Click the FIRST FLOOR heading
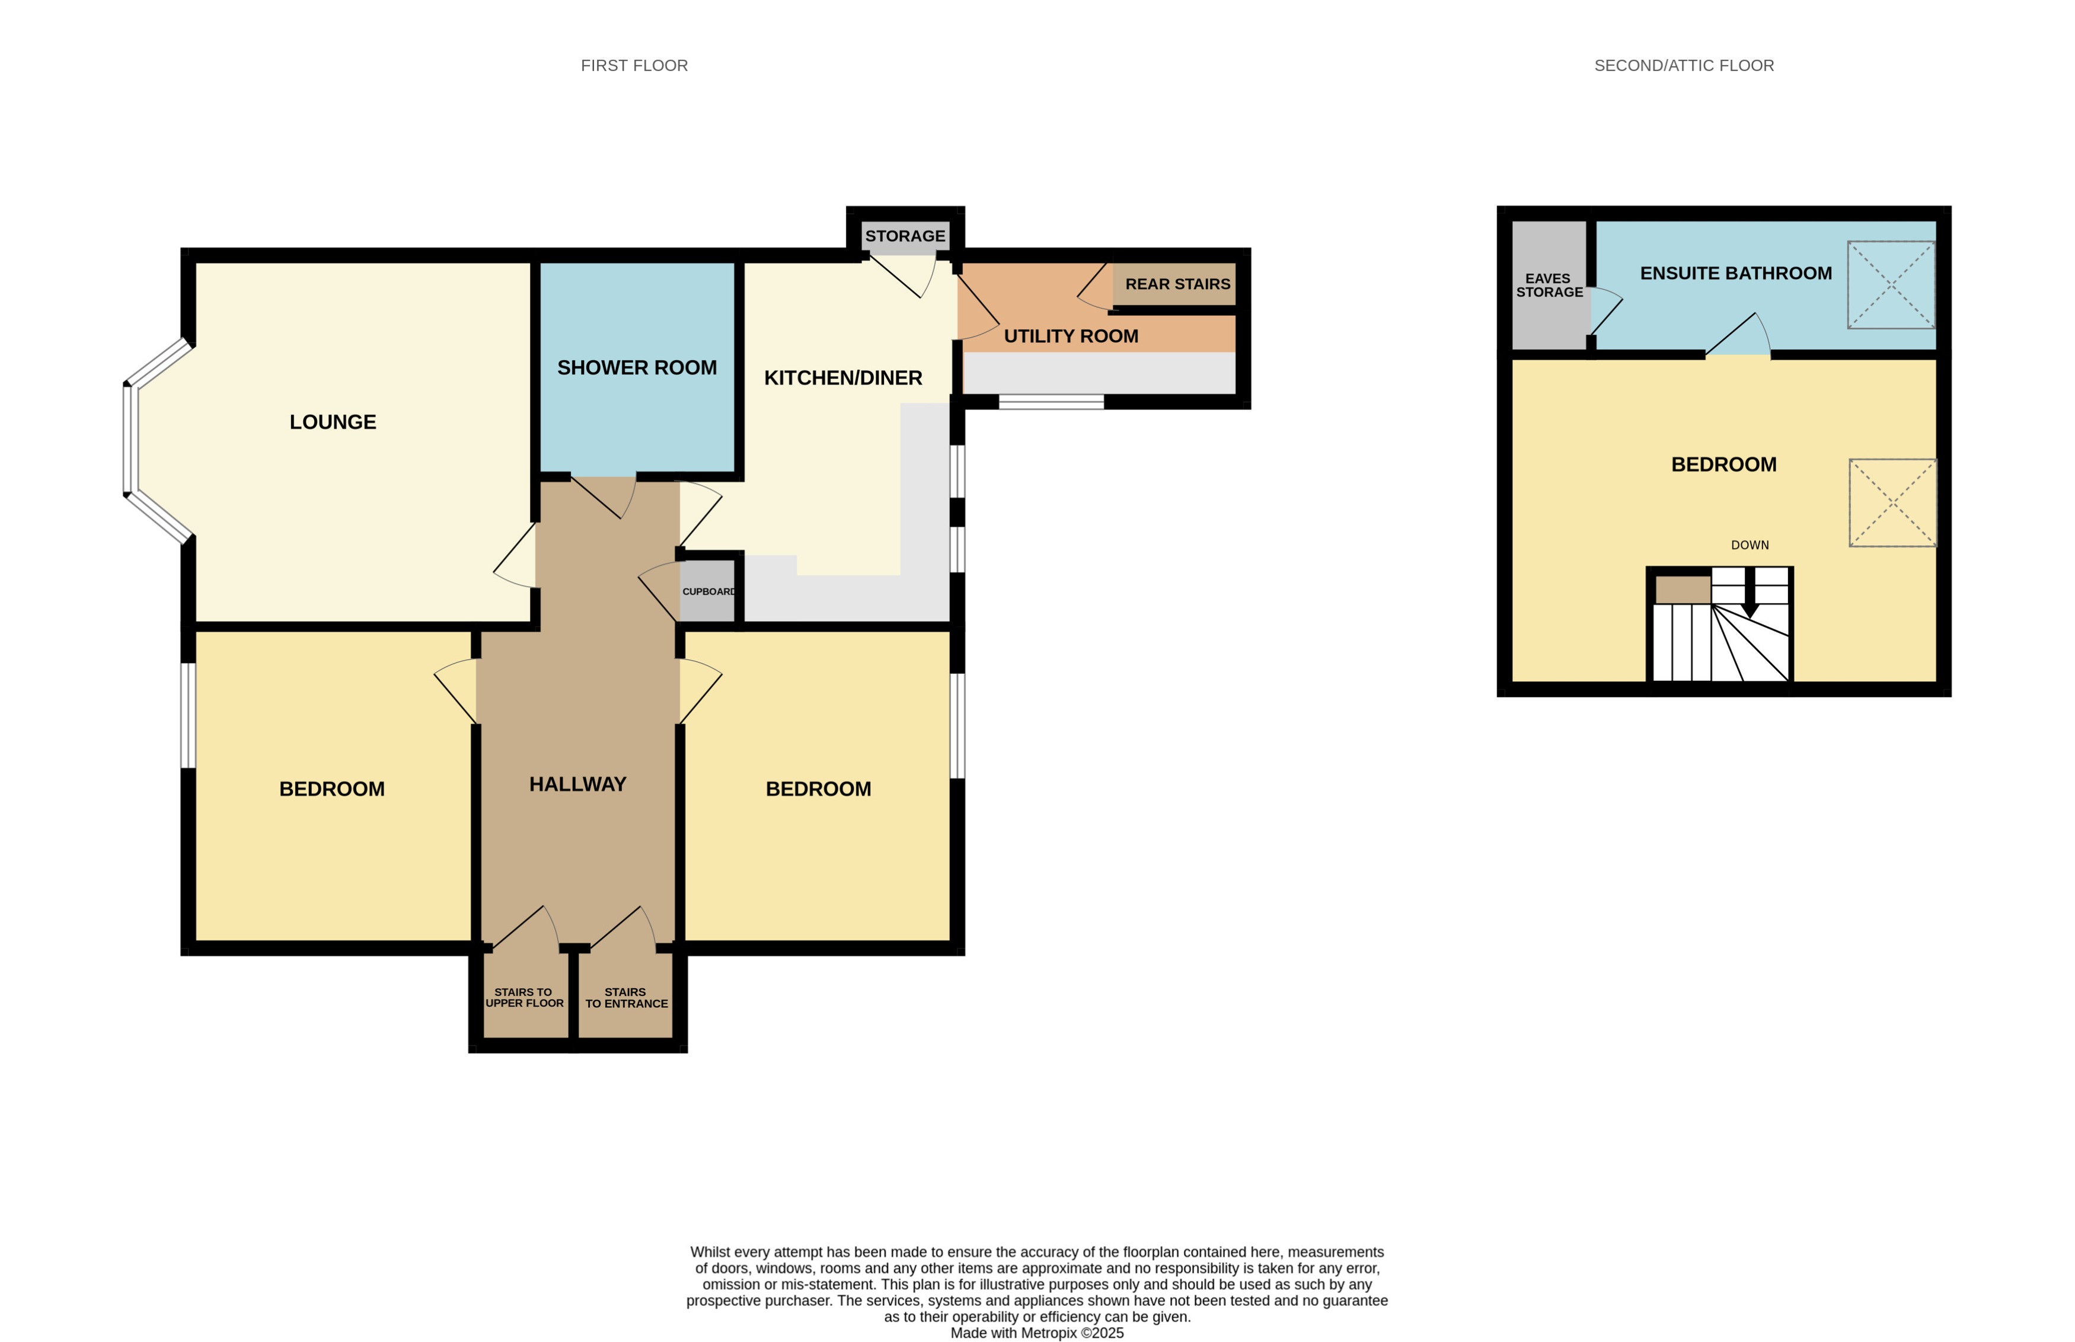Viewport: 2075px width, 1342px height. coord(634,65)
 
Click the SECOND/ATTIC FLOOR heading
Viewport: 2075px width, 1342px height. coord(1684,65)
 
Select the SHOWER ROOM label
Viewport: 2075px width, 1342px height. coord(637,368)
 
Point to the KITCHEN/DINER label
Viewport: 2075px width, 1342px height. coord(842,377)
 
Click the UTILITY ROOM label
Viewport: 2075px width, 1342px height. coord(1071,337)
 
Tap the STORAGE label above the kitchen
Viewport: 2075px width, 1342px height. coord(905,236)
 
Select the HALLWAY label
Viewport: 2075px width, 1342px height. coord(577,784)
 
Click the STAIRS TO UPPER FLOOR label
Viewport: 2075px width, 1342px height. coord(524,998)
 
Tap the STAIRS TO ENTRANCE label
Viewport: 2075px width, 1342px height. coord(626,998)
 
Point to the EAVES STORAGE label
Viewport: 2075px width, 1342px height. coord(1549,285)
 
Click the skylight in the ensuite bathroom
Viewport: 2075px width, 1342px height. coord(1890,285)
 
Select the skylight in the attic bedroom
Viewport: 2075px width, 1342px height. coord(1892,503)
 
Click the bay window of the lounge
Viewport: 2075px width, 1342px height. coord(131,440)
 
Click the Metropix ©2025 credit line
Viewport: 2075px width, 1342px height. coord(1037,1333)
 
